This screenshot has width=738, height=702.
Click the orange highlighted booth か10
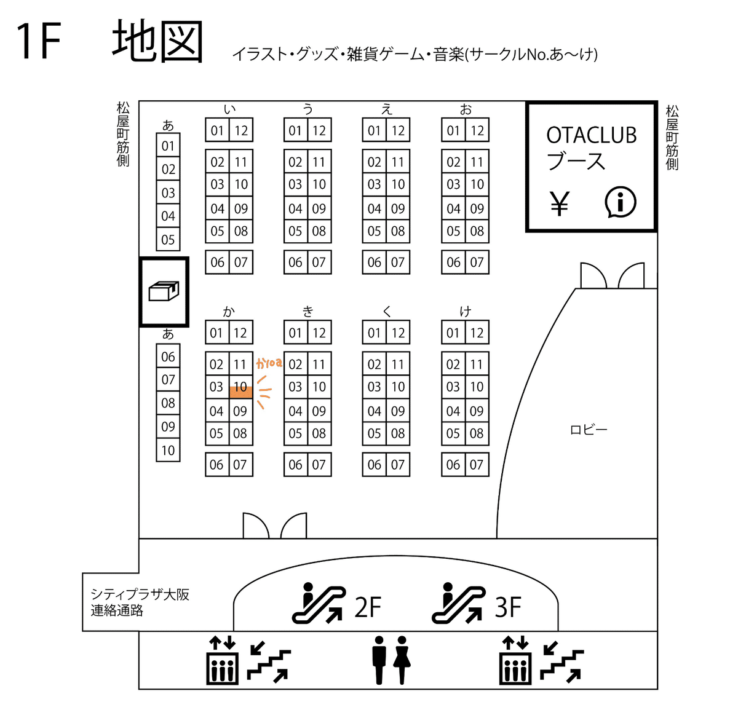coord(240,386)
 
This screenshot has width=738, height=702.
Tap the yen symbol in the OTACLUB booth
coord(559,203)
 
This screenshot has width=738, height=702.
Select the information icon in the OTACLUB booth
coord(620,202)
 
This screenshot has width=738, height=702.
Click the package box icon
coord(164,291)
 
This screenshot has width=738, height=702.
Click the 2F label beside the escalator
coord(368,607)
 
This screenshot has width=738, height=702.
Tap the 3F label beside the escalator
coord(508,607)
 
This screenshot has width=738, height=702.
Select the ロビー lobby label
coord(588,430)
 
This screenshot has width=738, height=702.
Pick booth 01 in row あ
coord(168,145)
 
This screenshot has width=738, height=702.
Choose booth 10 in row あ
coord(168,450)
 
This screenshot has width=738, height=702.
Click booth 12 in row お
coord(477,130)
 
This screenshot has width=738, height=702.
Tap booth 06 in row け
coord(453,465)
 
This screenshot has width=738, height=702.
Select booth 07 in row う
coord(319,262)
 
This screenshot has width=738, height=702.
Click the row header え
coord(386,109)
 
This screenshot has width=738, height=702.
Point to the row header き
coord(308,311)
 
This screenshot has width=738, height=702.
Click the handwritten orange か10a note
coord(269,363)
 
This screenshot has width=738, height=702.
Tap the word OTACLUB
coord(591,135)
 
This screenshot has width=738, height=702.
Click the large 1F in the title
coord(39,41)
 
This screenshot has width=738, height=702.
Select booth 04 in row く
coord(375,411)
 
